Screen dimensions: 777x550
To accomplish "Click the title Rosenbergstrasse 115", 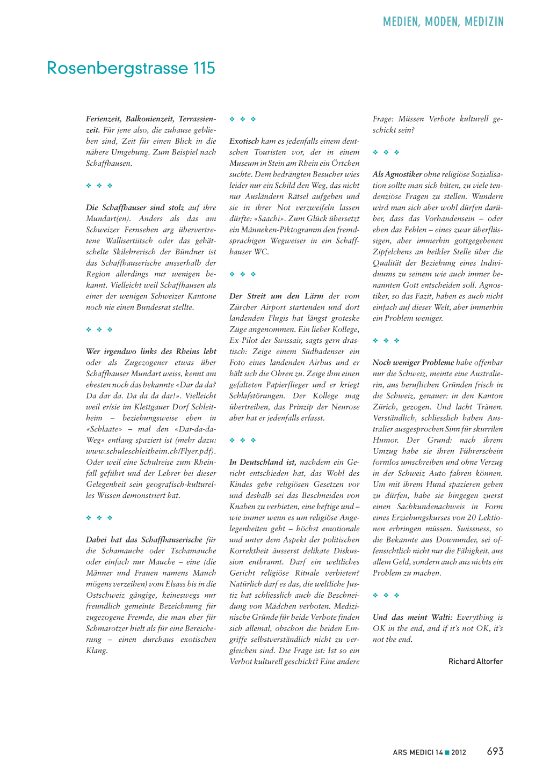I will [x=131, y=68].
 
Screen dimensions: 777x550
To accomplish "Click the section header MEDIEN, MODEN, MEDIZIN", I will [x=443, y=22].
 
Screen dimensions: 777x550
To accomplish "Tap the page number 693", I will [x=495, y=751].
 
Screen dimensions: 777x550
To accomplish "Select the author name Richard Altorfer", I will [x=475, y=662].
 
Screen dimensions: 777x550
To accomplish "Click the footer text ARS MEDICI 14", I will [x=417, y=752].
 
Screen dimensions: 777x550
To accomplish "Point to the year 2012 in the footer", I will [x=459, y=752].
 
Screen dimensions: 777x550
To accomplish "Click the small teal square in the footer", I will [x=447, y=752].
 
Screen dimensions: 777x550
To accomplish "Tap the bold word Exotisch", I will [x=244, y=141].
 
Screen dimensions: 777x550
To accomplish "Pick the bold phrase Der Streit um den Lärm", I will [x=276, y=296].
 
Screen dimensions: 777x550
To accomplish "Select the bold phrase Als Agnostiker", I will [x=397, y=174].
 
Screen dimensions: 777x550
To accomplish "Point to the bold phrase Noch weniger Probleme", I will [x=413, y=363].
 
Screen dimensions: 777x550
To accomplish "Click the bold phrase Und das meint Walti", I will [x=412, y=617].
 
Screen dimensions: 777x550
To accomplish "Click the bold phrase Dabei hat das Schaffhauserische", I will [x=144, y=540].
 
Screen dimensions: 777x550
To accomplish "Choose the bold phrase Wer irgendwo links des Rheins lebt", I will [x=151, y=351].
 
